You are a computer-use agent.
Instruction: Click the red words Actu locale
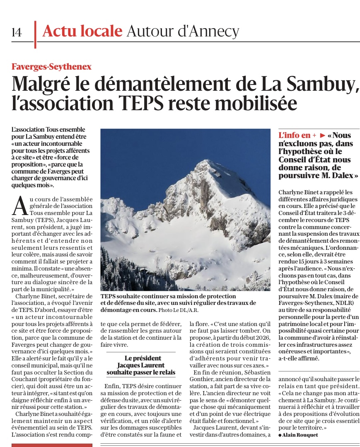click(x=82, y=31)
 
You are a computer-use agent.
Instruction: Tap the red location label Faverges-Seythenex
click(x=51, y=66)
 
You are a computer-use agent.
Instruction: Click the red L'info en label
click(x=295, y=135)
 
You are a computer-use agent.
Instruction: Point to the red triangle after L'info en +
click(x=323, y=135)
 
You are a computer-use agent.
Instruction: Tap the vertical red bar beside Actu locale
click(x=35, y=34)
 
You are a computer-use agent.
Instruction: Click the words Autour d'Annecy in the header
click(x=183, y=31)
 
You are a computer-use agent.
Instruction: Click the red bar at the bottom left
click(x=52, y=445)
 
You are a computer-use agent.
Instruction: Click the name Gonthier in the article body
click(x=204, y=380)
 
